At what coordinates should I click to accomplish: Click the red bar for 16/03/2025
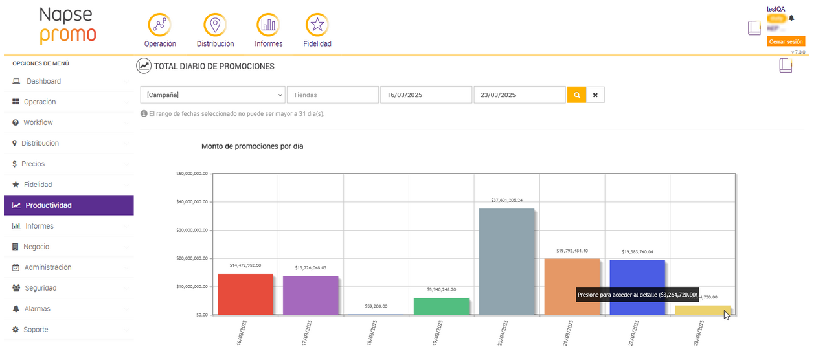[x=245, y=294]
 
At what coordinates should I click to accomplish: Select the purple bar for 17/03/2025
[x=310, y=295]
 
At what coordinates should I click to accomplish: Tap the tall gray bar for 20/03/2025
[x=506, y=262]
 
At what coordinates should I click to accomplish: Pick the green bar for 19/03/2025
[x=441, y=306]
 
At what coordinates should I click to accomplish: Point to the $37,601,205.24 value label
[x=506, y=200]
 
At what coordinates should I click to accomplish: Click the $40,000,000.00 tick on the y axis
[x=192, y=201]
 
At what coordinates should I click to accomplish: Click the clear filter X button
[x=595, y=95]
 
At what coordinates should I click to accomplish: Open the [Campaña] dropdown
[x=212, y=95]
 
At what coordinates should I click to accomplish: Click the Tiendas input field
[x=333, y=95]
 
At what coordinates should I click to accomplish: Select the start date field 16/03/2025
[x=425, y=95]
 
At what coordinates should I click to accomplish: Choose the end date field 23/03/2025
[x=519, y=95]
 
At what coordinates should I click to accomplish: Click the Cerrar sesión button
[x=786, y=41]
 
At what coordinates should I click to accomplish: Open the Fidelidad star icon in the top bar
[x=317, y=25]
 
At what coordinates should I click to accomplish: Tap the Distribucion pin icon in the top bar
[x=215, y=25]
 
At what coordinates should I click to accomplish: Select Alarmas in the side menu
[x=37, y=309]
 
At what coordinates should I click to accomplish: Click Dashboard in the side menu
[x=43, y=81]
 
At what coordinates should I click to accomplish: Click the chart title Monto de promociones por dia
[x=252, y=146]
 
